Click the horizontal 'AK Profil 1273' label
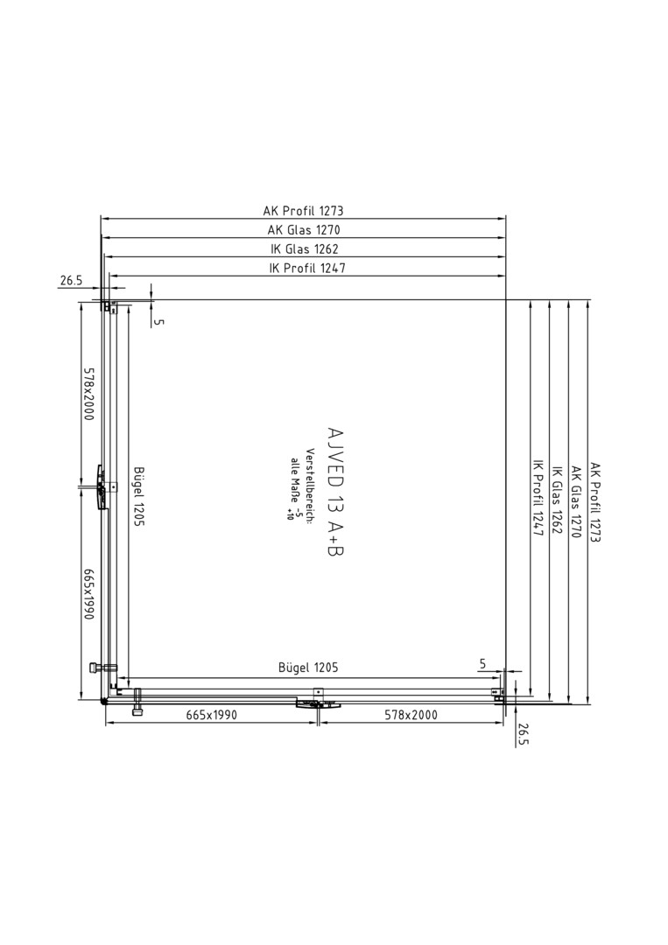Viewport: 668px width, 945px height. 303,211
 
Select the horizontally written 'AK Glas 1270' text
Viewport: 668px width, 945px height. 304,229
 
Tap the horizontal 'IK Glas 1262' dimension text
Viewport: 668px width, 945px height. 305,248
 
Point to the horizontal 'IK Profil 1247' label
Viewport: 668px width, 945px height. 307,269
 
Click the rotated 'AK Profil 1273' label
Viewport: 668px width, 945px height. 595,502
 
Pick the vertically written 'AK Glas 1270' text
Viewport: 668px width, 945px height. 576,502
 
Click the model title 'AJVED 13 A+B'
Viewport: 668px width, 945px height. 334,491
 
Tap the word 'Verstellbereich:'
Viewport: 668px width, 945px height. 309,486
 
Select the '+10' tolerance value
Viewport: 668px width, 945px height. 290,513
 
